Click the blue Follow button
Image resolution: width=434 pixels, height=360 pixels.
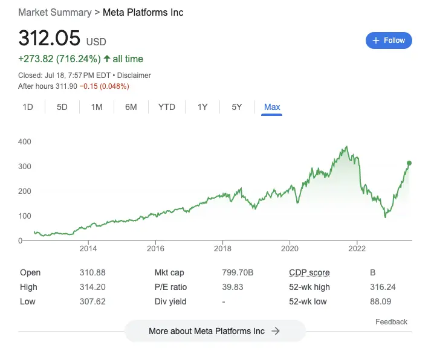point(389,40)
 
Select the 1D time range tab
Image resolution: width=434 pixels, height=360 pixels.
point(28,107)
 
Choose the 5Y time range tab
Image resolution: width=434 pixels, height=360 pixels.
point(236,107)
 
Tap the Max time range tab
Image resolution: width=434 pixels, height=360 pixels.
point(272,107)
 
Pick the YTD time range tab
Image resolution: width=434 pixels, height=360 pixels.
point(166,107)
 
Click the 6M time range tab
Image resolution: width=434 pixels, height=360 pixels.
point(131,107)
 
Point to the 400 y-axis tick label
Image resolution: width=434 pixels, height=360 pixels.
point(25,141)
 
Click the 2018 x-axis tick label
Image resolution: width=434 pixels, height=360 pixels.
point(223,248)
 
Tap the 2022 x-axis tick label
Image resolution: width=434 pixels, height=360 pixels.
point(357,248)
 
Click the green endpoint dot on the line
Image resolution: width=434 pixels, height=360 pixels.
point(409,163)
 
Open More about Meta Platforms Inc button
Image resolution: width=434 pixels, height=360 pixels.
point(215,331)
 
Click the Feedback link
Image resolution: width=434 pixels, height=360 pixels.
point(391,322)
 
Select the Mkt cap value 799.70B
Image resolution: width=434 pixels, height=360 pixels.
point(238,273)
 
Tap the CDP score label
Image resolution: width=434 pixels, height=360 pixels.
point(309,273)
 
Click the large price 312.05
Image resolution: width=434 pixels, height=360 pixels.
point(50,38)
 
